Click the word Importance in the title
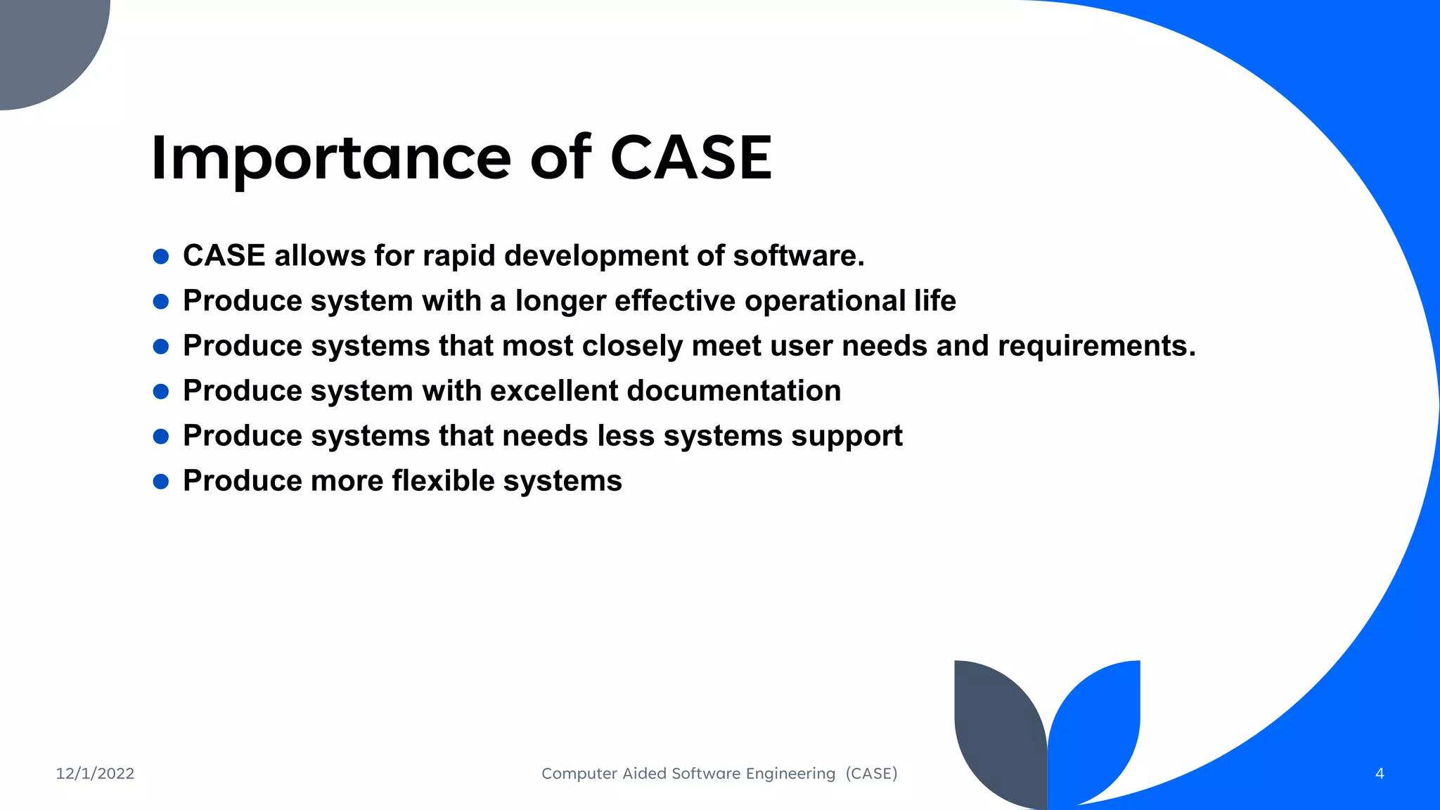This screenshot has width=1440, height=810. click(330, 158)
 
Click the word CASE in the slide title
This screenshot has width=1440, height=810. click(690, 158)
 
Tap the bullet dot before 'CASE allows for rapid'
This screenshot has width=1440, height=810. click(161, 257)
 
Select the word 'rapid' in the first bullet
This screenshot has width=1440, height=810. click(458, 256)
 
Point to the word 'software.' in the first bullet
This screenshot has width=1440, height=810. click(799, 256)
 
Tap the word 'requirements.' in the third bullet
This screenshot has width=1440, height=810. click(1096, 346)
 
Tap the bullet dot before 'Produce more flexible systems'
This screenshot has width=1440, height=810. click(161, 482)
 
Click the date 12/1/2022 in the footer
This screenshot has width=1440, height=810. click(95, 773)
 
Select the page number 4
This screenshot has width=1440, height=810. click(1380, 773)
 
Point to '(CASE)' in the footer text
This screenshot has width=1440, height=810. click(872, 773)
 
